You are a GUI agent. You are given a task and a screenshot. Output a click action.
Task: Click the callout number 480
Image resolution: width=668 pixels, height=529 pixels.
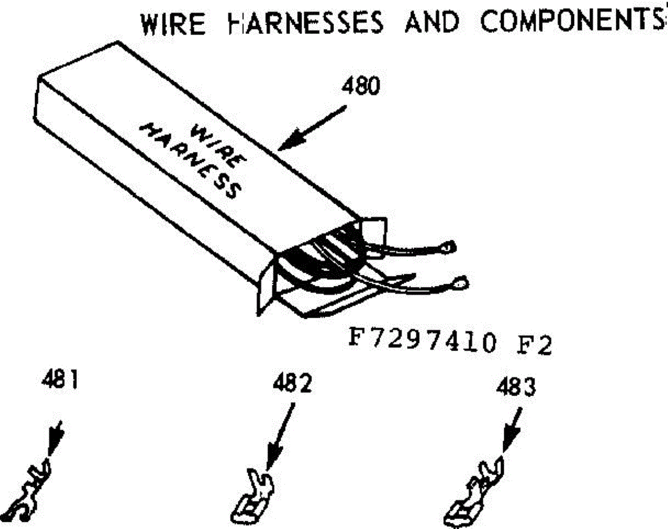coord(361,86)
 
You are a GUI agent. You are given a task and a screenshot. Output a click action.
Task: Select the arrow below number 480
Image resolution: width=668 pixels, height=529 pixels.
coord(312,128)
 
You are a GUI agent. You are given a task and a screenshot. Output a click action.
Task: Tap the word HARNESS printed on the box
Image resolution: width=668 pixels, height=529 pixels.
coord(190,161)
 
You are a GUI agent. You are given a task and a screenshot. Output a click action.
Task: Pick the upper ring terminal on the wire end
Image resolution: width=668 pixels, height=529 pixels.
coord(449,248)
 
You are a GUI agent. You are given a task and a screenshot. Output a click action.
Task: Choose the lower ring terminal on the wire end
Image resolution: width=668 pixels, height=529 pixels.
coord(461,283)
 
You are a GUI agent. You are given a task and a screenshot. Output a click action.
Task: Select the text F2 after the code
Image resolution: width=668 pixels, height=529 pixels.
coord(534,345)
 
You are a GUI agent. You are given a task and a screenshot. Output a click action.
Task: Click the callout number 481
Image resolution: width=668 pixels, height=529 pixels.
coord(60,380)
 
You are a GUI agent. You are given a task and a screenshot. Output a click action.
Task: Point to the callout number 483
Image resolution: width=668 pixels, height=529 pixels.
coord(516,387)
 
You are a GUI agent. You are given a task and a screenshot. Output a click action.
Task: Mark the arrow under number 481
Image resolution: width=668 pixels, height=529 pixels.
coord(56,438)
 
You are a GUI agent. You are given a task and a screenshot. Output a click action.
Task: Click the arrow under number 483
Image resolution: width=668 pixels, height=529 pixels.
coord(512,430)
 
